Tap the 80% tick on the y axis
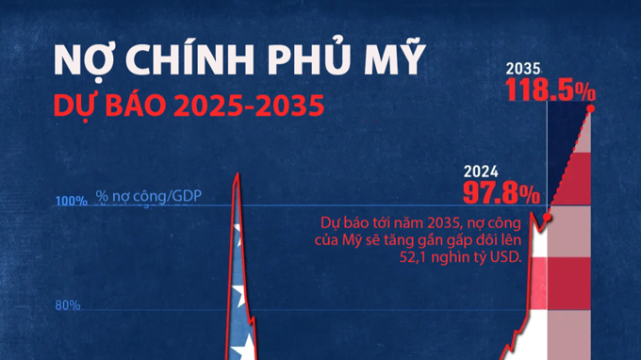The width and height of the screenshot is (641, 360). [67, 305]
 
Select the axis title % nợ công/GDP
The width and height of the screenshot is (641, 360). [148, 198]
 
